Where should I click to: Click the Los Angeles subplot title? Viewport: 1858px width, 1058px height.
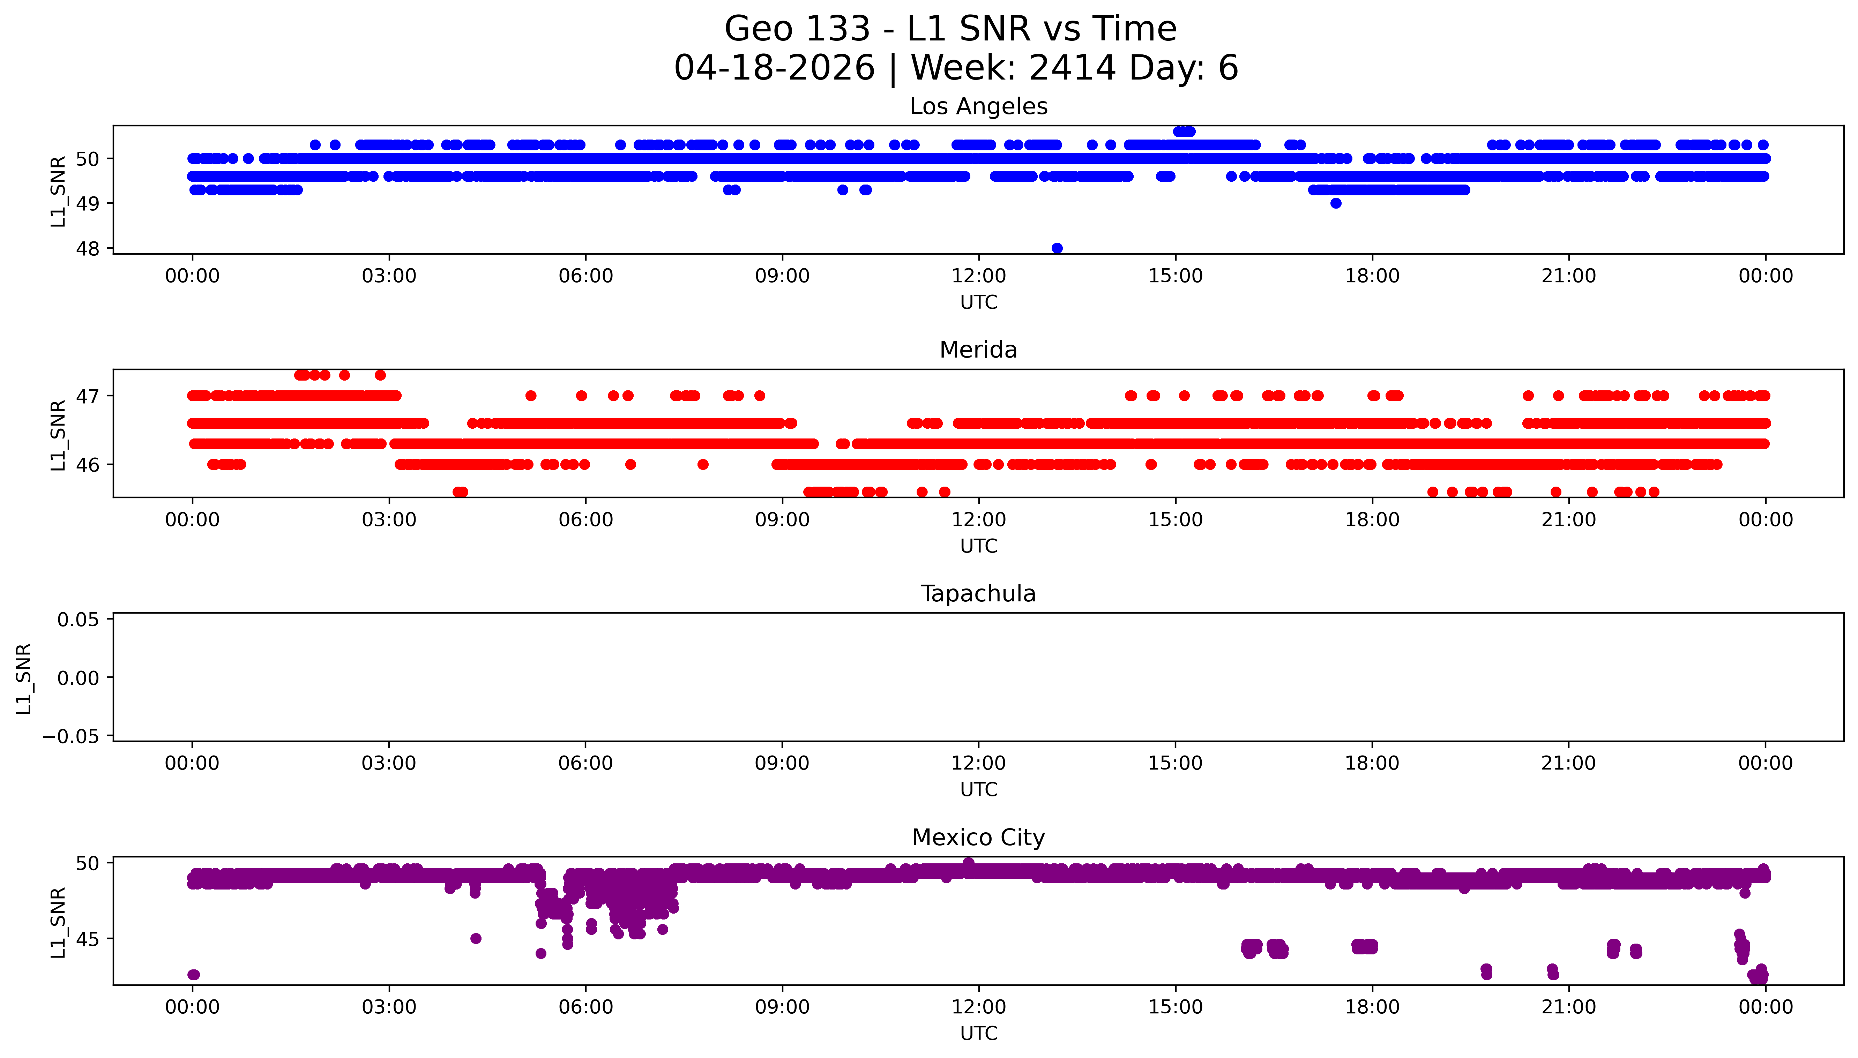pos(978,107)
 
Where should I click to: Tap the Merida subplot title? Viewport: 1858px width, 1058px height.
pos(978,350)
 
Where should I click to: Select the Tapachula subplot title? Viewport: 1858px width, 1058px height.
pos(978,594)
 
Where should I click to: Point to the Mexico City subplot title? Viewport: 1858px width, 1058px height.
pos(978,838)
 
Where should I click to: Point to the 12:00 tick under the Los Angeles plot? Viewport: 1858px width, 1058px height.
pos(979,276)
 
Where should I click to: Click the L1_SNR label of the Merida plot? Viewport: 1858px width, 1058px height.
pos(58,435)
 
